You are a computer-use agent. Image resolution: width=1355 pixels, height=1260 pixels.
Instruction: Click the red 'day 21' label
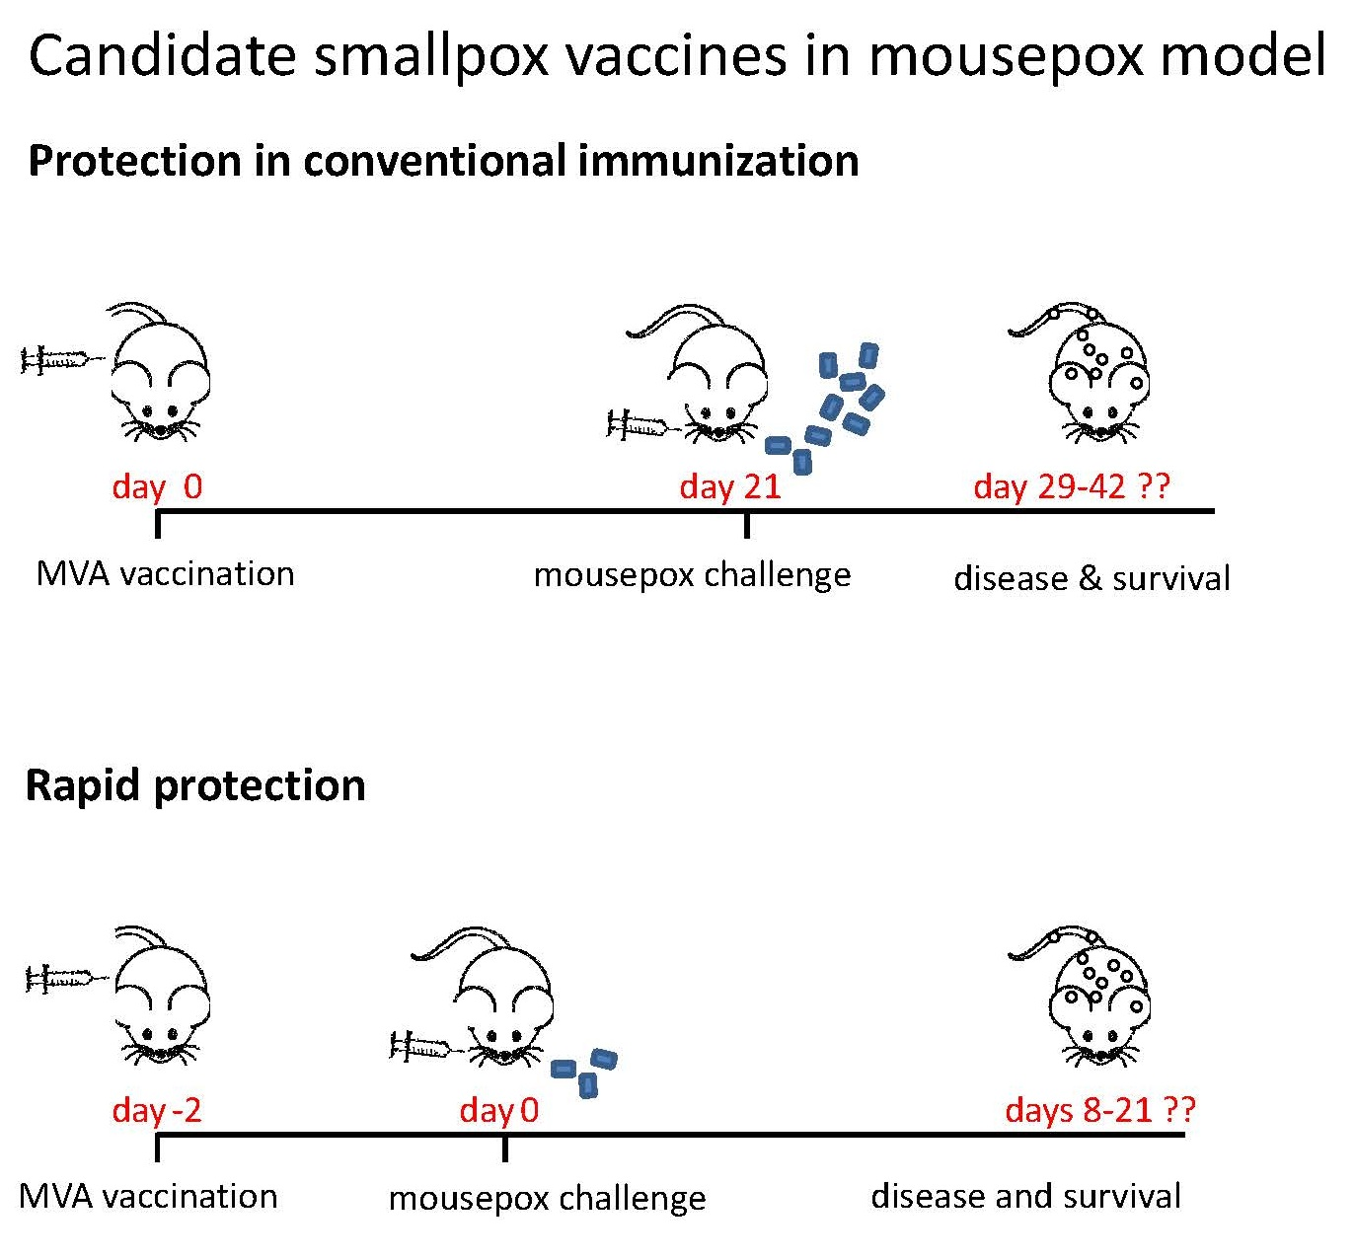pos(730,486)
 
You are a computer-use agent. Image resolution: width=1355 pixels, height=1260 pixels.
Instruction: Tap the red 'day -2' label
pos(157,1110)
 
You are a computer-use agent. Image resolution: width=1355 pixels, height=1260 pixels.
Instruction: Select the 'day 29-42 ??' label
pos(1071,486)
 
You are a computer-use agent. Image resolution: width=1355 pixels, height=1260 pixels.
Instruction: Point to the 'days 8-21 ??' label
pos(1099,1110)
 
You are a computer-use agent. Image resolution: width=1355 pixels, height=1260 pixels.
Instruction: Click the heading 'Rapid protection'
pos(195,785)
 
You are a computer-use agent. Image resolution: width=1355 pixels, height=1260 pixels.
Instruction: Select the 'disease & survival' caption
pos(1092,578)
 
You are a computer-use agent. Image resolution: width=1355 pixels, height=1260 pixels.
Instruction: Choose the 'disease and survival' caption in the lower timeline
pos(1025,1197)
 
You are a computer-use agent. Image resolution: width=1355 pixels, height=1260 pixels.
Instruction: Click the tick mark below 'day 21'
pos(746,525)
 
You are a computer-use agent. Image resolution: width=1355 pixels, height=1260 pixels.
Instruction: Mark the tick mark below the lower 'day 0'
pos(504,1148)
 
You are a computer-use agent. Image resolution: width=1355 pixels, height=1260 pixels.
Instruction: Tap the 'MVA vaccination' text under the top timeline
pos(165,574)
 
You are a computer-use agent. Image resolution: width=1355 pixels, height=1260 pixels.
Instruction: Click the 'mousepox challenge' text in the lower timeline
pos(547,1199)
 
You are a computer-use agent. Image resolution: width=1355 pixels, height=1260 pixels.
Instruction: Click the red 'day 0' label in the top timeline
pos(157,486)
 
